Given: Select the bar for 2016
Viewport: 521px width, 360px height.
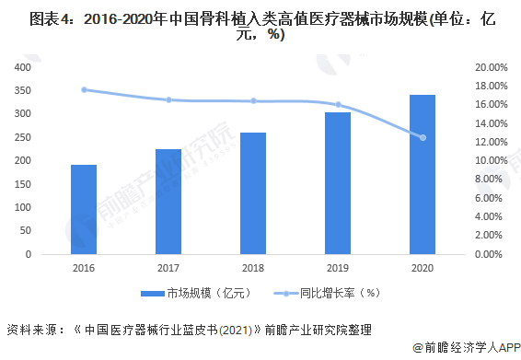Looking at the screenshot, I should tap(84, 210).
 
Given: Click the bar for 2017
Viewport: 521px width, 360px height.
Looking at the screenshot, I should tap(168, 202).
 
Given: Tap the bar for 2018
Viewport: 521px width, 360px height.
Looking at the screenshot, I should tap(253, 193).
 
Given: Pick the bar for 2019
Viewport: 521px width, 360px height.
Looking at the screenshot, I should tap(338, 183).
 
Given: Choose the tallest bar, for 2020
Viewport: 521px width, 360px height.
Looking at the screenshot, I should tap(423, 174).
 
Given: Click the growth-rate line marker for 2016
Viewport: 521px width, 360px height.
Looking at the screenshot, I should tap(84, 89).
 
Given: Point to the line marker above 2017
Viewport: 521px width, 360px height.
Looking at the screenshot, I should tap(168, 99).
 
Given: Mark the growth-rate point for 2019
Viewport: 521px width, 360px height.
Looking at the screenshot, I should tap(338, 104).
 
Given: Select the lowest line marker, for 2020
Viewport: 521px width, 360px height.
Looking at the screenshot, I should tap(423, 137).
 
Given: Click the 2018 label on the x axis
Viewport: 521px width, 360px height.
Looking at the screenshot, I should tap(253, 268).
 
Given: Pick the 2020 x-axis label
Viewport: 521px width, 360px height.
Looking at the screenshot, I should tap(423, 268).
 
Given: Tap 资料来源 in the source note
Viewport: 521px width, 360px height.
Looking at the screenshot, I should tap(29, 328).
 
